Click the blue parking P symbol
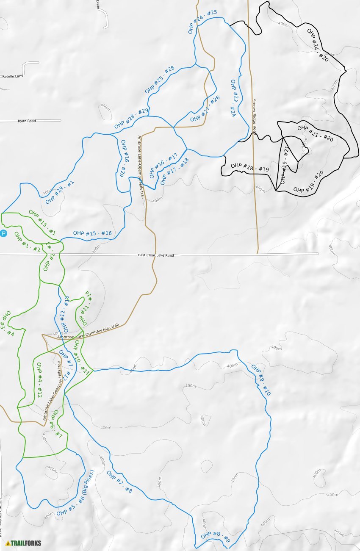(x=3, y=233)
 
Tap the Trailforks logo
(x=23, y=543)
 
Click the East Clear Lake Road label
(x=156, y=255)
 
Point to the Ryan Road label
(x=27, y=121)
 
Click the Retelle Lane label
(x=13, y=76)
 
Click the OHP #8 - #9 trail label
(x=216, y=537)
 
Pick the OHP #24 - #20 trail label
(x=318, y=45)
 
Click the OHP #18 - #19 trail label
(x=250, y=167)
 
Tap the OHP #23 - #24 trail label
(x=233, y=98)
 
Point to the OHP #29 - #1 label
(x=60, y=192)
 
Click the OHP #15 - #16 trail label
(x=92, y=233)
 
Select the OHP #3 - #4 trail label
(x=8, y=324)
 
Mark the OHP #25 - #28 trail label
(x=160, y=80)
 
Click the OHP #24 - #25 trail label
(x=202, y=22)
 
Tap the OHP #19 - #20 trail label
(x=308, y=182)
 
